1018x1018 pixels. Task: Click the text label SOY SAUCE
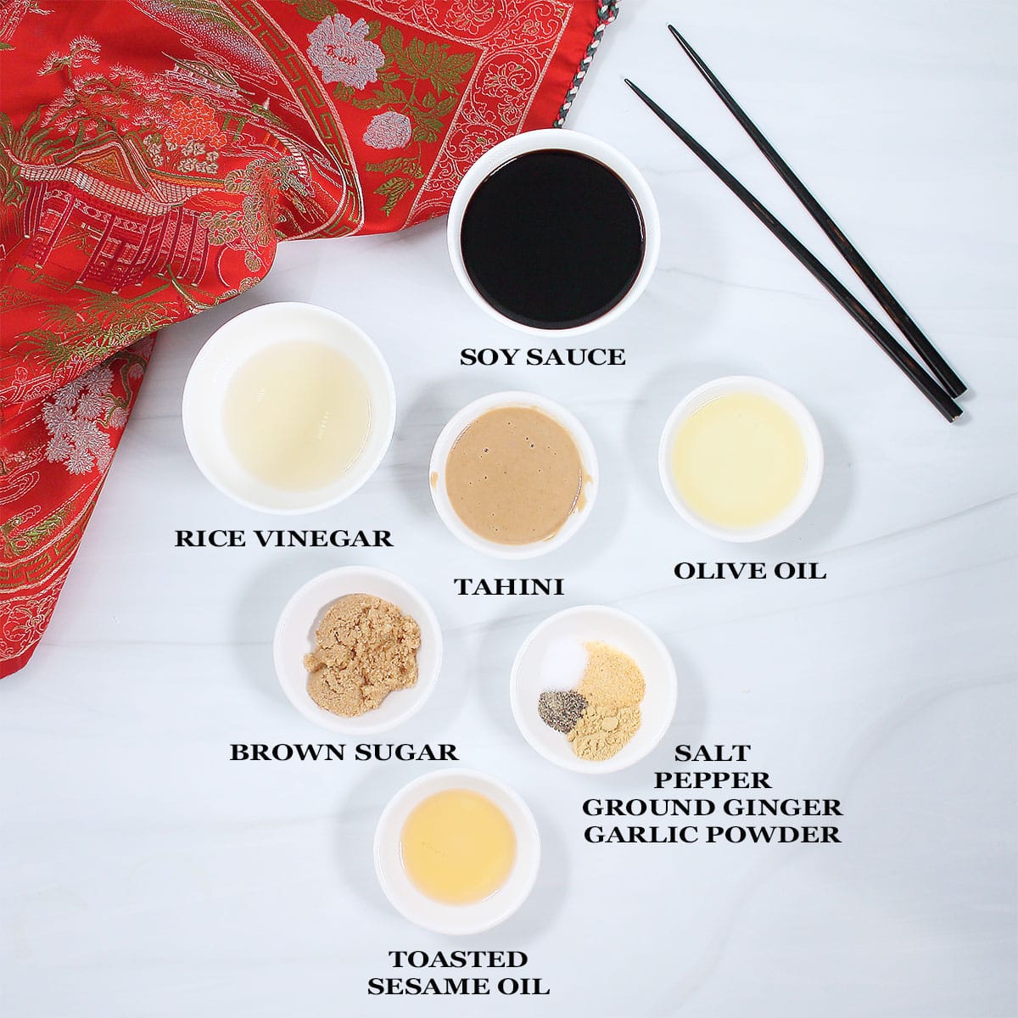(542, 357)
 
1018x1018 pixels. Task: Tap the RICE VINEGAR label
(284, 538)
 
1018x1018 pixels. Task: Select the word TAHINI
(509, 587)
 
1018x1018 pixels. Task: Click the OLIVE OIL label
(749, 571)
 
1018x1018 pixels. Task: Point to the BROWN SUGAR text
(344, 752)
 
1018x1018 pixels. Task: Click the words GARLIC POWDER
(712, 834)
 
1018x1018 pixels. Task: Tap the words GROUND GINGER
(712, 806)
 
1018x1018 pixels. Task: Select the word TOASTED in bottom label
(458, 959)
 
